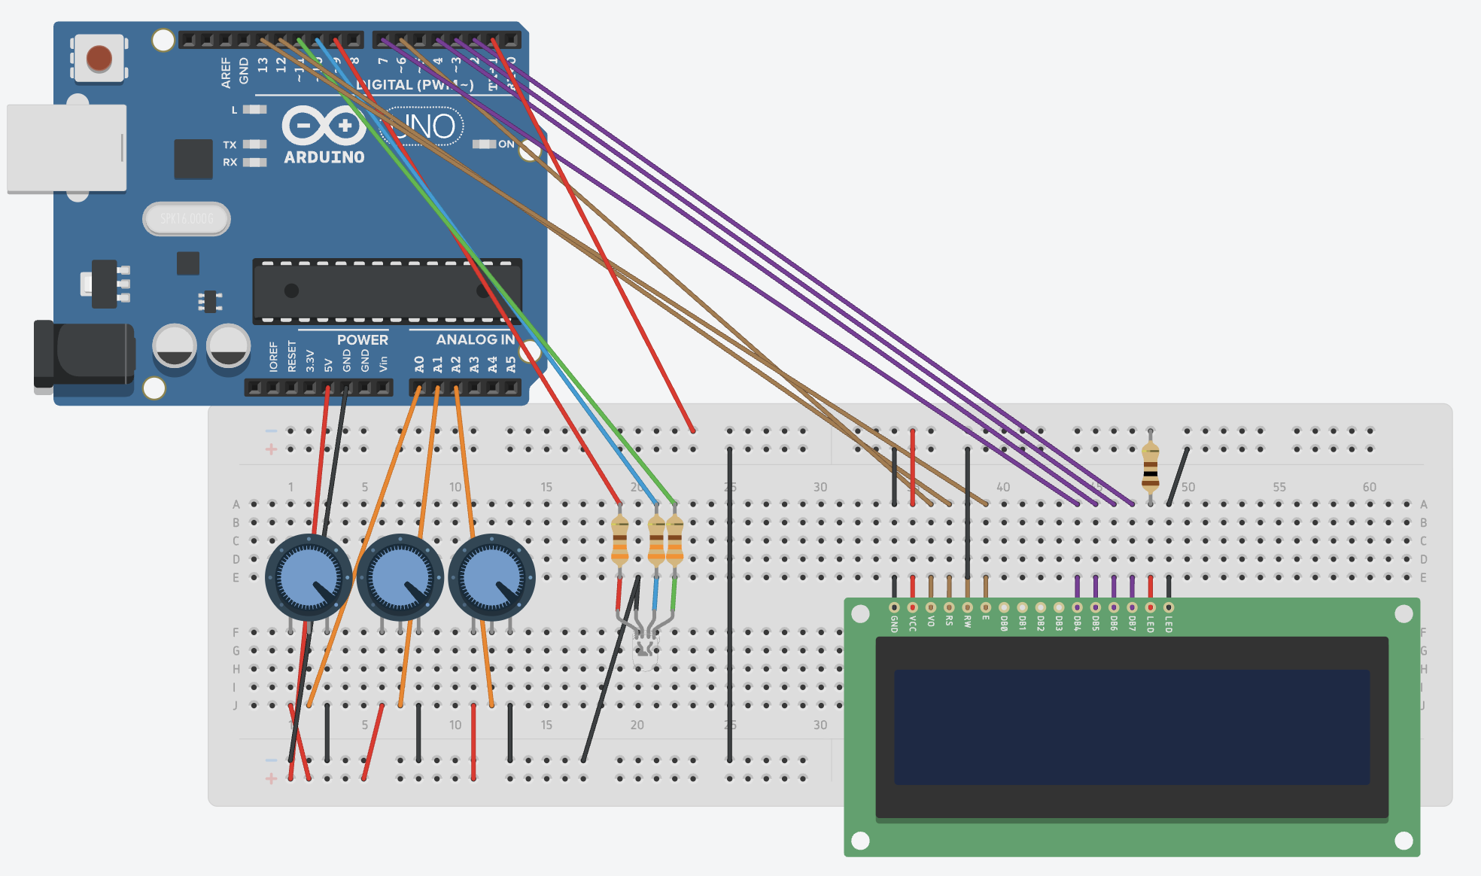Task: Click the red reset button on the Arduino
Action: coord(99,58)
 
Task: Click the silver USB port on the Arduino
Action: coord(66,148)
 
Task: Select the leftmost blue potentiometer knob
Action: coord(309,577)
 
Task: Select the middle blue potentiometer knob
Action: coord(400,577)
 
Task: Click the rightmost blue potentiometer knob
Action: coord(492,577)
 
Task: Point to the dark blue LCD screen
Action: coord(1131,727)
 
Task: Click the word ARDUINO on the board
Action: coord(324,157)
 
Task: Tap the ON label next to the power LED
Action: coord(506,144)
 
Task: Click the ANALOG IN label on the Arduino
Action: coord(475,339)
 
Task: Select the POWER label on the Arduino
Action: coord(362,339)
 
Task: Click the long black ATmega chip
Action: coord(387,291)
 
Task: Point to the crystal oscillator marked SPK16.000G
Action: coord(187,219)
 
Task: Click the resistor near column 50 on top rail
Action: coord(1150,467)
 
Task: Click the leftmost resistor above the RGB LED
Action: coord(619,540)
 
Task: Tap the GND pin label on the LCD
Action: coord(894,624)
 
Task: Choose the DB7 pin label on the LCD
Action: coord(1132,624)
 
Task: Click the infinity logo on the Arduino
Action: coord(324,125)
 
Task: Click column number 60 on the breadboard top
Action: coord(1370,487)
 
